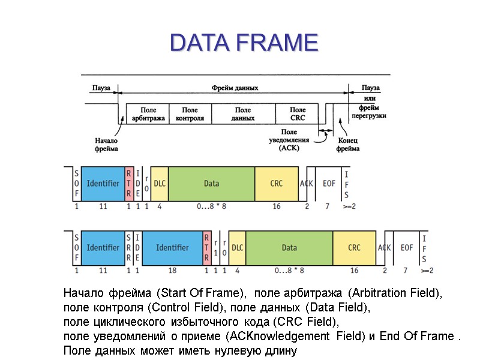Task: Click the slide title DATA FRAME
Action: tap(244, 43)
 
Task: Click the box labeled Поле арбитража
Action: tap(148, 114)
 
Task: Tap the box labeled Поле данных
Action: tap(242, 114)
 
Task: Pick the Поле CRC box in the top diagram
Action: tap(297, 114)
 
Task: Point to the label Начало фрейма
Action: tap(106, 145)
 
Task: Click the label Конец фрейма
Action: tap(347, 145)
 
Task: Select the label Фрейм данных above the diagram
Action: tap(235, 88)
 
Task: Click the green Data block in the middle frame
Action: tap(211, 183)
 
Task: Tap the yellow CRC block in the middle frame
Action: tap(276, 183)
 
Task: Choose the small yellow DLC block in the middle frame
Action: tap(160, 183)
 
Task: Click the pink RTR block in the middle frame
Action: tap(129, 183)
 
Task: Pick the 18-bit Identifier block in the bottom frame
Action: tap(172, 247)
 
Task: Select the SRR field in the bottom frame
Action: tap(129, 247)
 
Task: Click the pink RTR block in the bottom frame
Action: tap(207, 247)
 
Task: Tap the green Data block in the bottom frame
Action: tap(289, 247)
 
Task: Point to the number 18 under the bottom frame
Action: tap(172, 271)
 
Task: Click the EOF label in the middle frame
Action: tap(329, 183)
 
